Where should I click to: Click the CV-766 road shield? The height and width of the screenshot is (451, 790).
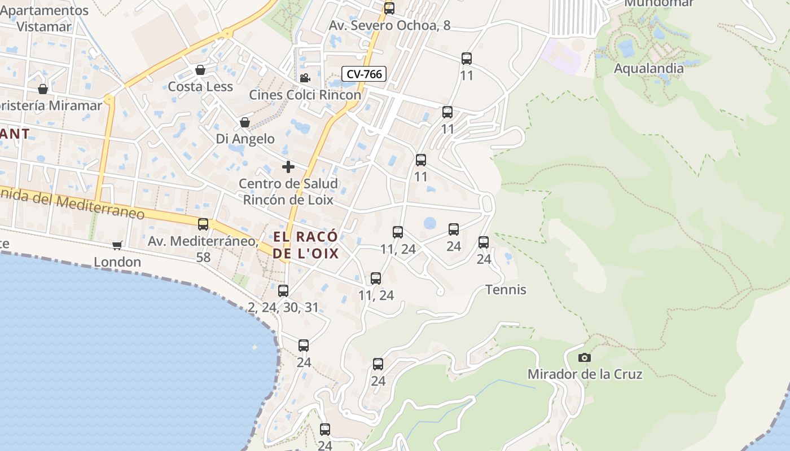364,74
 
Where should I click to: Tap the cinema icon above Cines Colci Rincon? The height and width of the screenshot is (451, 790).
305,78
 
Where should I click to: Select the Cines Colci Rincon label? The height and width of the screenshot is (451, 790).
305,95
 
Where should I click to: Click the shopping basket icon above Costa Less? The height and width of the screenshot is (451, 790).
200,70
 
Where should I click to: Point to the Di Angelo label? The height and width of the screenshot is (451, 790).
245,139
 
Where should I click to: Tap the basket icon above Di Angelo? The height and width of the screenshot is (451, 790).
245,122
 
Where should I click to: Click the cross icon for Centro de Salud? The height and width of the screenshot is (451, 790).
288,167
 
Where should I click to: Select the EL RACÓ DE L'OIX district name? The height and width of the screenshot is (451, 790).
306,245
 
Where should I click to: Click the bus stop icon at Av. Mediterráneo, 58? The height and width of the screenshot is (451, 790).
203,224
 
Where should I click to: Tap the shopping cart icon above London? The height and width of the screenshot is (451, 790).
117,245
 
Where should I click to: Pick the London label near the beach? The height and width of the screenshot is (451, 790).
117,262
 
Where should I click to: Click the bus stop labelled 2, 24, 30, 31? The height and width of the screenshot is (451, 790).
283,291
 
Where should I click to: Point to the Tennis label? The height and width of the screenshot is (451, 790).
506,290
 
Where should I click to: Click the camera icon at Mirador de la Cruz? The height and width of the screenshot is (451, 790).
585,357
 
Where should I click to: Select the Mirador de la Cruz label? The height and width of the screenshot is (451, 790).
585,374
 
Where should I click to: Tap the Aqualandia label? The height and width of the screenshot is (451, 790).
648,68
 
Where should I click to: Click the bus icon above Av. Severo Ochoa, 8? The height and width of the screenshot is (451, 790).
389,8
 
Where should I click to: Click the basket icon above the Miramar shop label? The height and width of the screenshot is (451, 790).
43,89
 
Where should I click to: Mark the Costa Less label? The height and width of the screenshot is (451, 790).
200,86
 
